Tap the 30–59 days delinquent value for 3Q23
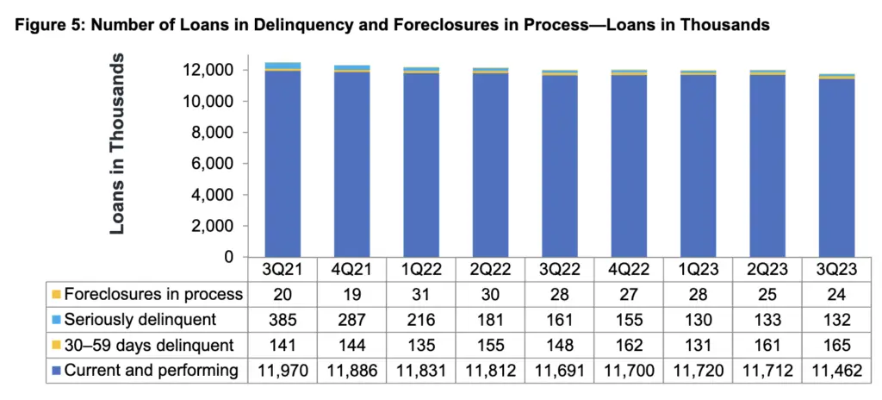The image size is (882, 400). coord(830,345)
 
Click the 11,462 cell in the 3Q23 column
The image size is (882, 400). coord(830,371)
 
